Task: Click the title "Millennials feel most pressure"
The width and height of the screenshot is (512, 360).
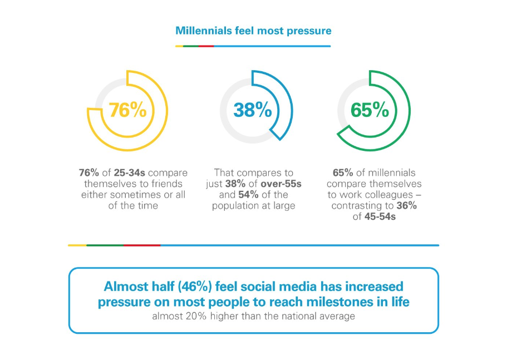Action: tap(253, 31)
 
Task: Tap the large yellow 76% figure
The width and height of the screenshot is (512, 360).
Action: tap(127, 110)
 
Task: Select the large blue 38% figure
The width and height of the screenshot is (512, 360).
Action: tap(253, 110)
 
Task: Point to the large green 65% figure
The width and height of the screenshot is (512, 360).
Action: tap(370, 110)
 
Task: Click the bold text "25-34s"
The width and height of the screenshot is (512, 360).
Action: tap(129, 172)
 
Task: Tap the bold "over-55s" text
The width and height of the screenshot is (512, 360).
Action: tap(281, 184)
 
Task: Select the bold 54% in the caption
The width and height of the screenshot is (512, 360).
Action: tap(249, 195)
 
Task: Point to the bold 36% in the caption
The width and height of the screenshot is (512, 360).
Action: tap(406, 206)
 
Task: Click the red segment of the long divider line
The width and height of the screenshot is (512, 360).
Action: tap(142, 245)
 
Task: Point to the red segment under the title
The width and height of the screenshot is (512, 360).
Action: tap(206, 46)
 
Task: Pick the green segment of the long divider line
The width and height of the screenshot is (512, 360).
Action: tap(105, 245)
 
